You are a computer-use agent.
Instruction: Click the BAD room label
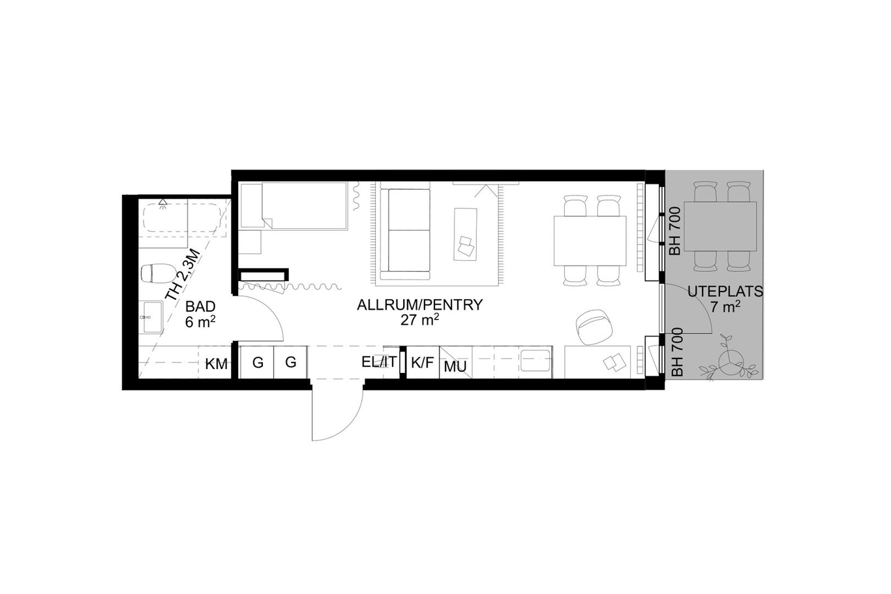(x=200, y=306)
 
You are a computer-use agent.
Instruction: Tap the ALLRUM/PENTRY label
(x=419, y=305)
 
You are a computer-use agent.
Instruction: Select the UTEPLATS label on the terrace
(x=725, y=292)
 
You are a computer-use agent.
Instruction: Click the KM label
(x=217, y=364)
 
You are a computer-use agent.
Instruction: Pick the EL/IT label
(x=379, y=362)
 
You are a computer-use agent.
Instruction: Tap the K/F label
(x=422, y=363)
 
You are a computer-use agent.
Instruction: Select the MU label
(x=455, y=366)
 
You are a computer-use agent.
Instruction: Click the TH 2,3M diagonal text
(x=182, y=275)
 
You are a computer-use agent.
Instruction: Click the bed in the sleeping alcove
(x=294, y=205)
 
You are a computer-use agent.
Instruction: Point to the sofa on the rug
(x=405, y=231)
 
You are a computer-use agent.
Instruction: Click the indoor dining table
(x=590, y=241)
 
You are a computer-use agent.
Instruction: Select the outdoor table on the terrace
(x=720, y=226)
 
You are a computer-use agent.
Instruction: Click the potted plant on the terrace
(x=728, y=360)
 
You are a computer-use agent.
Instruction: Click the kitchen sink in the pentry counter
(x=536, y=360)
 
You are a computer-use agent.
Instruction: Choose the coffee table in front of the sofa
(x=465, y=234)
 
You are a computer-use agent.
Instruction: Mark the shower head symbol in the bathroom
(x=162, y=202)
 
